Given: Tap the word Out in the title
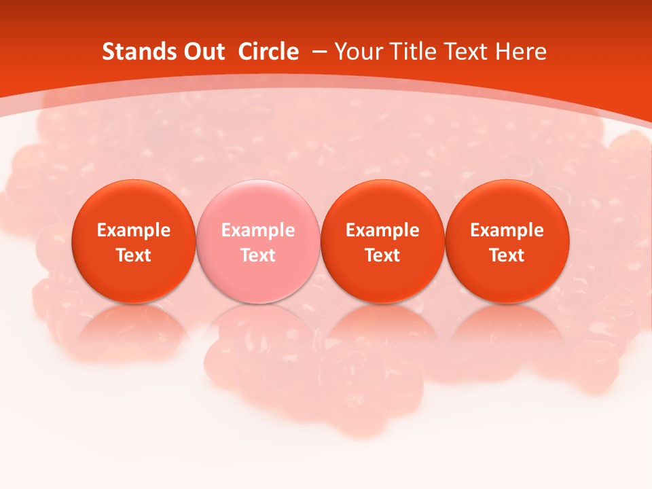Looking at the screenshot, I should [203, 52].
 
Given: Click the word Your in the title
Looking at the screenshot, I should [357, 52].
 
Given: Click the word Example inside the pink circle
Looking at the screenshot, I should [258, 230].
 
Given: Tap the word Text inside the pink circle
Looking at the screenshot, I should [258, 255].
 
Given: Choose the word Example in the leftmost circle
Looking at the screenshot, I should [134, 230].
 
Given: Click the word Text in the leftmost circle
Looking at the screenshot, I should [134, 255].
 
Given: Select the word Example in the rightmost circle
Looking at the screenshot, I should [507, 230].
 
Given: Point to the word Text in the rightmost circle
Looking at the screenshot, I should [507, 255].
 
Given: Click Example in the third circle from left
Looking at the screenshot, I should [383, 230].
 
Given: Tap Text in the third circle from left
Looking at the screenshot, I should [383, 255].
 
